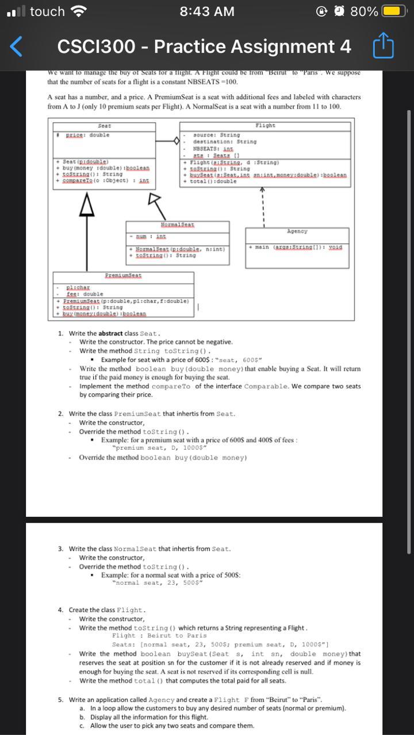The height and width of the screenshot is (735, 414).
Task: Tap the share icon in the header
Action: [x=385, y=47]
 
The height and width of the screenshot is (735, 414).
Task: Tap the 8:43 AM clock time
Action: [x=207, y=11]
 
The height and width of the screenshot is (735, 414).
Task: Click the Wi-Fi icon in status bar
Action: [x=76, y=11]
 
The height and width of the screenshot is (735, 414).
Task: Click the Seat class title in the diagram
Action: [x=105, y=125]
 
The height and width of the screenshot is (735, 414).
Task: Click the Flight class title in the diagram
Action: [x=264, y=125]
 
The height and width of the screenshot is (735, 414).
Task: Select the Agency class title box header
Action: [x=297, y=231]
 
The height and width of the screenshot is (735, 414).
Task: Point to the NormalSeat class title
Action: [x=177, y=223]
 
